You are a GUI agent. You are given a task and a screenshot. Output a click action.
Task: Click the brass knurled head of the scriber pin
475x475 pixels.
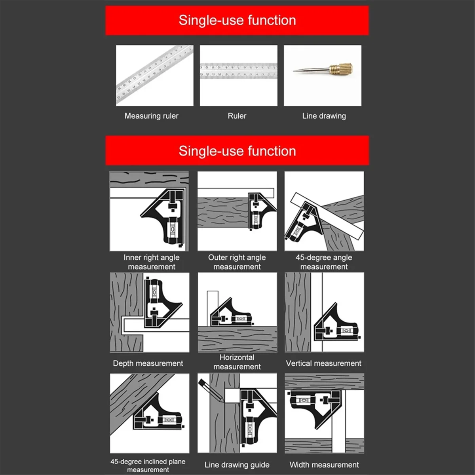[342, 68]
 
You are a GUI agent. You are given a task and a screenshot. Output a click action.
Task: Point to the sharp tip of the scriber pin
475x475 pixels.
[294, 71]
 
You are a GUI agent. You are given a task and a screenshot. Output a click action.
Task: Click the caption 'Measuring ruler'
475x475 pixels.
[151, 116]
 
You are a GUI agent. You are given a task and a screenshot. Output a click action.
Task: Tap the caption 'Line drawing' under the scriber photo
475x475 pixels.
[324, 116]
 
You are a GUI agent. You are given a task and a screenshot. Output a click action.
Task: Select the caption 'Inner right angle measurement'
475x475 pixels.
[151, 262]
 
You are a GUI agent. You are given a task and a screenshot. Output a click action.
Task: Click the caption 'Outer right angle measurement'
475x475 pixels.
[237, 262]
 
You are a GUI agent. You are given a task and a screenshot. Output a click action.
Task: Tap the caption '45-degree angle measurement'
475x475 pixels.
[323, 262]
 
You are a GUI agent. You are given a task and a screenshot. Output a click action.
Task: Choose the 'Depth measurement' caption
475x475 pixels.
[148, 363]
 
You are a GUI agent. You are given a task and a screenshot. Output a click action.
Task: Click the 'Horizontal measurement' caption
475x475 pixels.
[237, 362]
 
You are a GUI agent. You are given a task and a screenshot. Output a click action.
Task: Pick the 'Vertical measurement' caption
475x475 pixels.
[323, 363]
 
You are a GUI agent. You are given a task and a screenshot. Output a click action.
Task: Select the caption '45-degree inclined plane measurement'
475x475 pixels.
[148, 465]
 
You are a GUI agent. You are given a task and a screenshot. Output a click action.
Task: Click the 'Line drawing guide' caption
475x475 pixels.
[237, 465]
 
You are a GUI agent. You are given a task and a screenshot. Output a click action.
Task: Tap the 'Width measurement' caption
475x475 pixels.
[324, 465]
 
